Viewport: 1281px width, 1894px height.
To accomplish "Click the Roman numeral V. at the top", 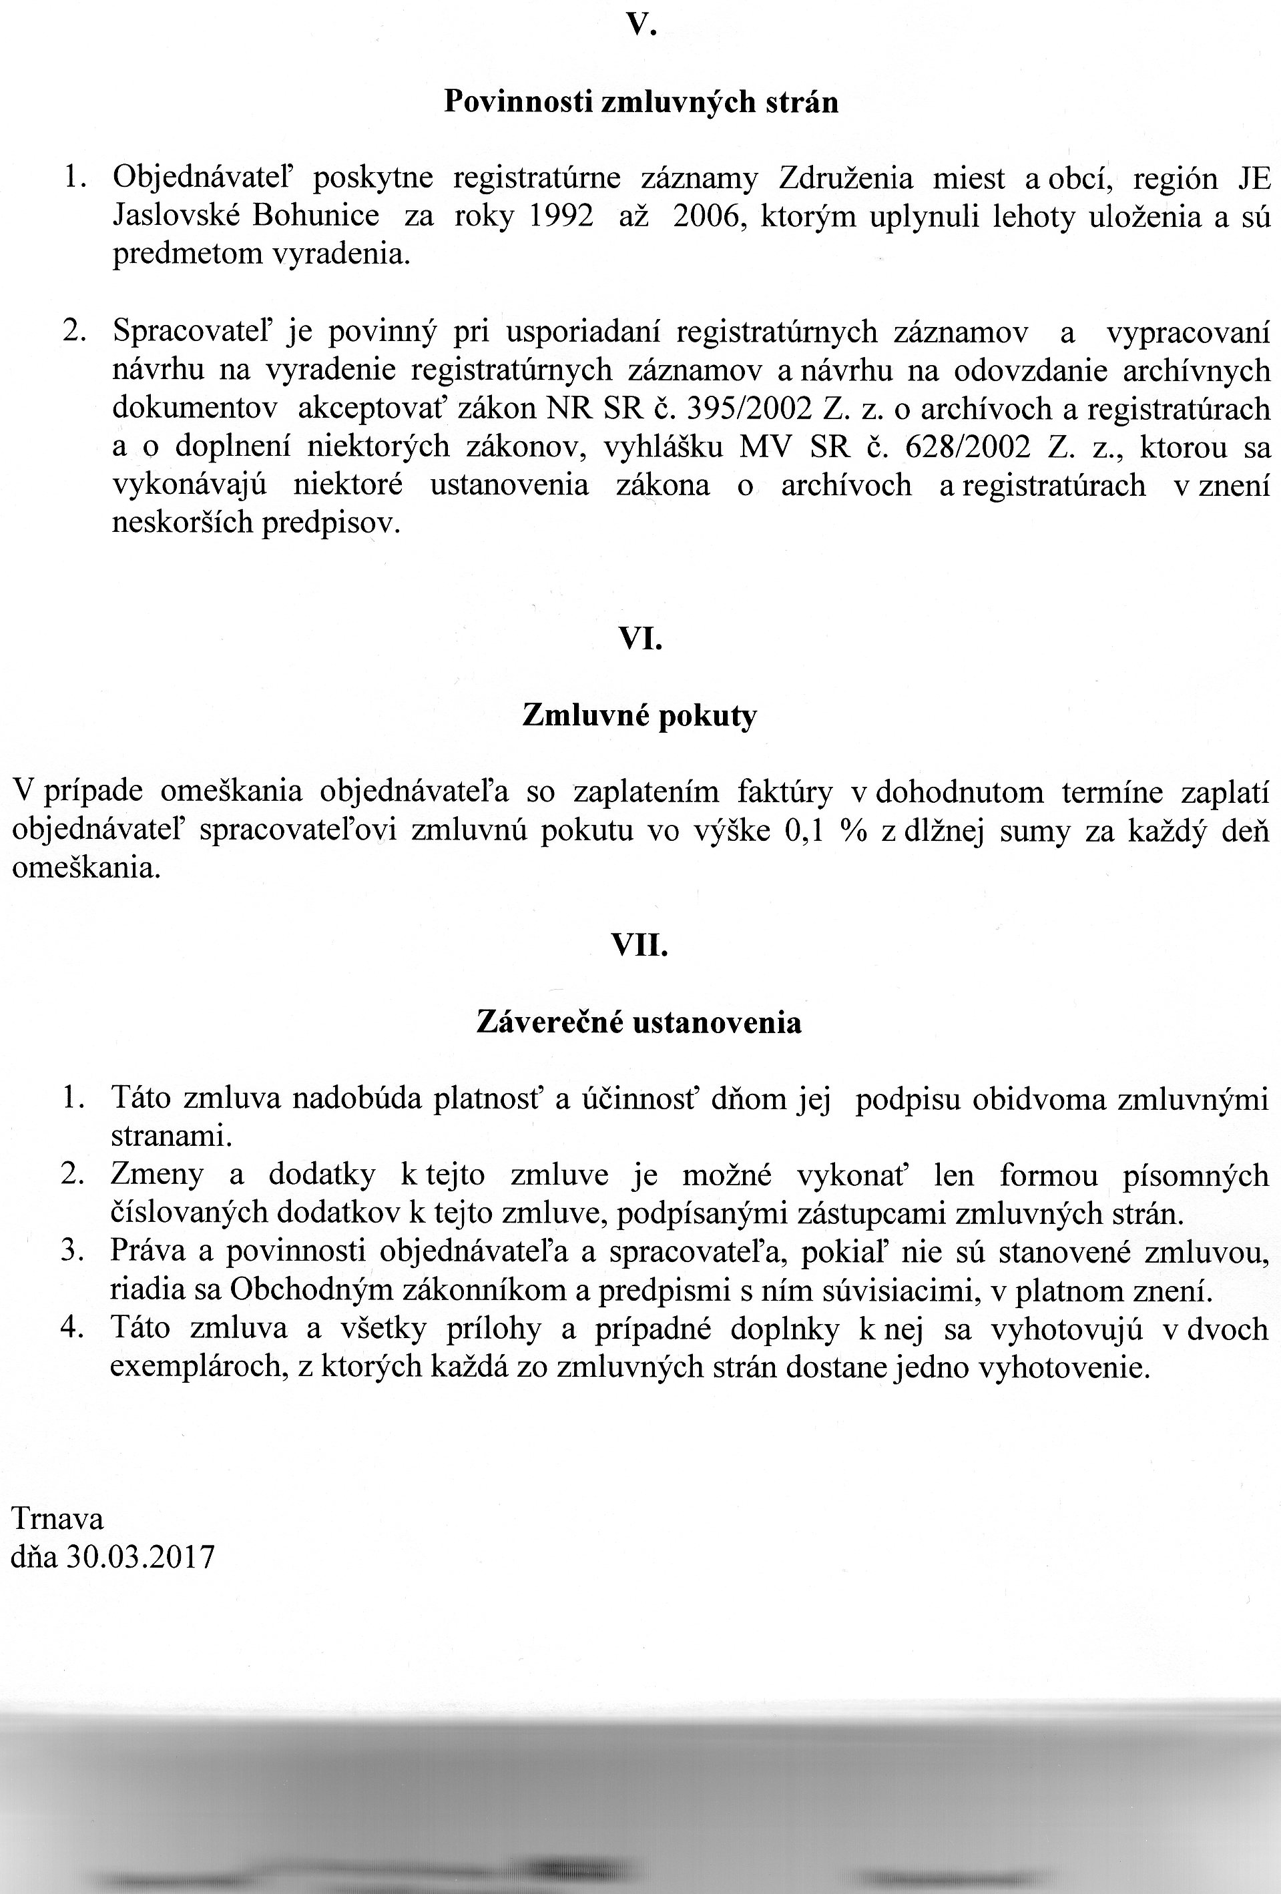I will (641, 26).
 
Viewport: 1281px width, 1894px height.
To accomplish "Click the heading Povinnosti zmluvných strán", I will (641, 103).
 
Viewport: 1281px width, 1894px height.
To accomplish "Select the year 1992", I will (562, 216).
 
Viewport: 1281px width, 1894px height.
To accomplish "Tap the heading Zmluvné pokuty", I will (639, 716).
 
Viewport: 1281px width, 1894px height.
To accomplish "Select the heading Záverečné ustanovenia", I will (639, 1022).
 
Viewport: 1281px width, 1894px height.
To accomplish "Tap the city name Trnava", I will (57, 1519).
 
